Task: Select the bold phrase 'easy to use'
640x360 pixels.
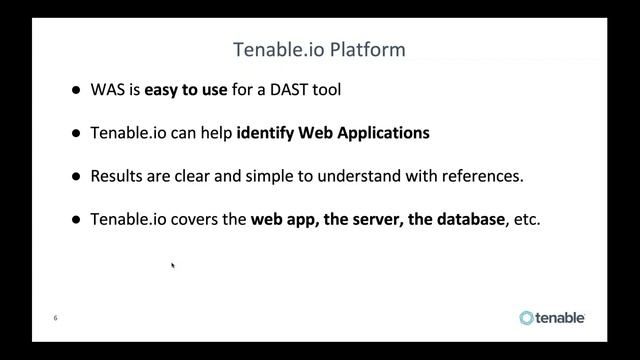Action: click(185, 90)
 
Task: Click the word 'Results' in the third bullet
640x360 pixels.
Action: click(118, 176)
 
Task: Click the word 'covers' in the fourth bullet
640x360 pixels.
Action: click(221, 219)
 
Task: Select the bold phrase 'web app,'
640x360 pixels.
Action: click(283, 219)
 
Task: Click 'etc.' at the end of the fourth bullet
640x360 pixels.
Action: click(526, 219)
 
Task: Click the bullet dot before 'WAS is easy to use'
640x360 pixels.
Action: click(76, 90)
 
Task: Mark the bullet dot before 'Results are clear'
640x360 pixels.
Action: click(76, 176)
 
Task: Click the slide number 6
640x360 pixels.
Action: click(55, 318)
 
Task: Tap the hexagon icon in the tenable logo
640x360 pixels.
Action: click(527, 318)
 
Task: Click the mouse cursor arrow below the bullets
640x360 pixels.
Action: click(173, 265)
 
